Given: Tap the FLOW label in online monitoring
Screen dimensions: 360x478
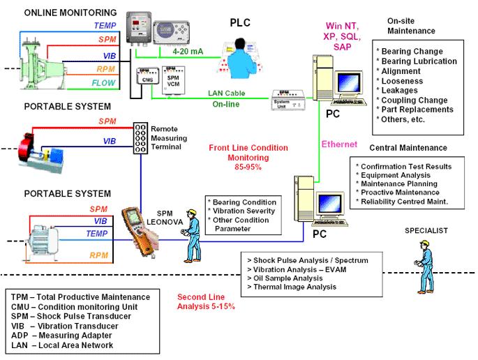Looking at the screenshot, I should (104, 82).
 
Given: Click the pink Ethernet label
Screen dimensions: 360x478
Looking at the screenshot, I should (338, 144).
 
